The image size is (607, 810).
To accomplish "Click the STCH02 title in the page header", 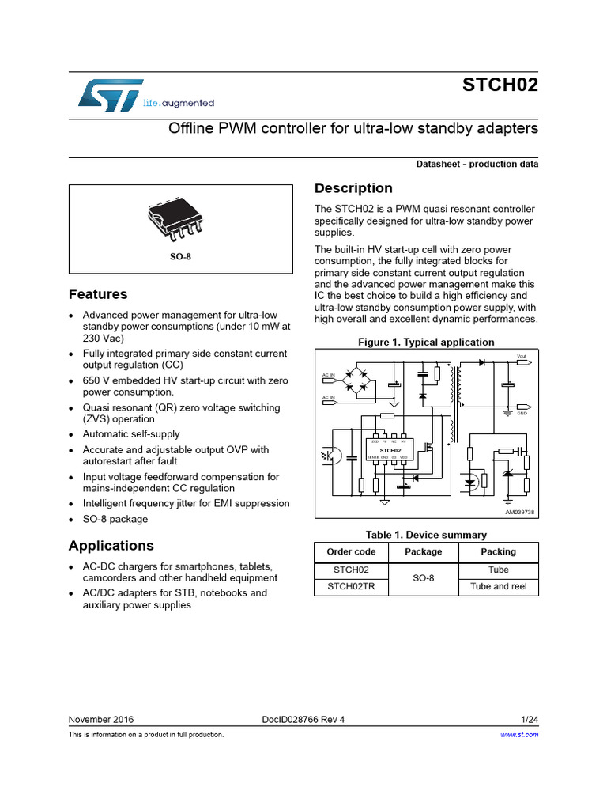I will coord(500,85).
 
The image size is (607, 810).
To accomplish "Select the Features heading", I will coord(98,294).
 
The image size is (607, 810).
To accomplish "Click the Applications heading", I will coord(111,546).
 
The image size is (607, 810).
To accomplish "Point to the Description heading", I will coord(353,188).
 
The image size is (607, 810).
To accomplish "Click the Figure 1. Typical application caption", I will coord(426,343).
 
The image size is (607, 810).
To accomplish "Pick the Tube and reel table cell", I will coord(498,586).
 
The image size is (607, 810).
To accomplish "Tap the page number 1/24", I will coord(530,720).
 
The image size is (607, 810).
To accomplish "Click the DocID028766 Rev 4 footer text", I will coord(303,720).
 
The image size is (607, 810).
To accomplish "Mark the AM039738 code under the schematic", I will coord(519,512).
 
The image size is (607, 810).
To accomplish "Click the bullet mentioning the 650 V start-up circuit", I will coord(186,386).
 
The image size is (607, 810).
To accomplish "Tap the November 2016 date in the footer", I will coord(101,720).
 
